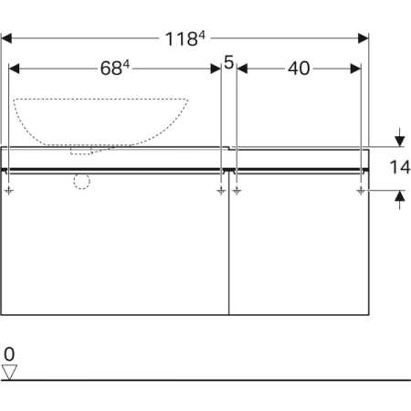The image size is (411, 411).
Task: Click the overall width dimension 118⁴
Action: point(185,38)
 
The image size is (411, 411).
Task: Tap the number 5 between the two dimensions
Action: point(228,64)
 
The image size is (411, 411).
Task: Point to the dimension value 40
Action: point(299,68)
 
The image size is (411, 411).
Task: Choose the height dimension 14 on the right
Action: point(398,167)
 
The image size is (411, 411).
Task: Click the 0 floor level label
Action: point(9,353)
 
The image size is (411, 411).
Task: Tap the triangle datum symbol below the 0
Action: point(10,371)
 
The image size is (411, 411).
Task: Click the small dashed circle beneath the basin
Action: point(82,181)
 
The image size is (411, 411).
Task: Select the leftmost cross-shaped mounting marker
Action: point(9,191)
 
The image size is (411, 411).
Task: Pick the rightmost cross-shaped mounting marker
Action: point(362,191)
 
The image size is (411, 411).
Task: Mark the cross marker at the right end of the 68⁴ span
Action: point(221,191)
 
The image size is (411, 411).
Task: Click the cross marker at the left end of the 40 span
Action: point(237,191)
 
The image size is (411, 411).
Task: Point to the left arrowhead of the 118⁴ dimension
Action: point(7,38)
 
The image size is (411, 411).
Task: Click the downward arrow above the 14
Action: point(399,141)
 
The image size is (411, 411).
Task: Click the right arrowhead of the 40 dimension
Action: point(356,68)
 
